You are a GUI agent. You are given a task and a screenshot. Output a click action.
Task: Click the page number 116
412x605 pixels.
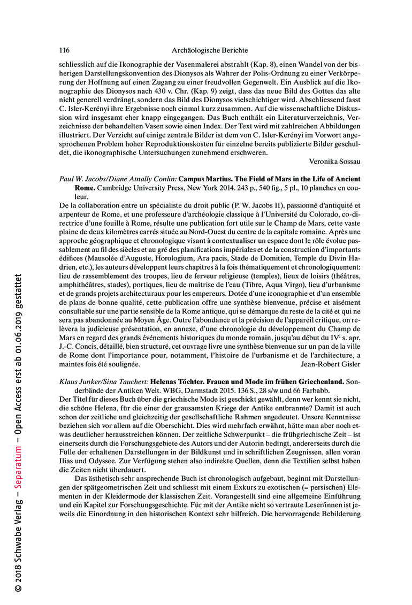64,50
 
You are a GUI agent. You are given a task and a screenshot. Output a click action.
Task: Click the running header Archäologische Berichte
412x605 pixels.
210,50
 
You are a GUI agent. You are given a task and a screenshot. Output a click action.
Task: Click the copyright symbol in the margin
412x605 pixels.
18,587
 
